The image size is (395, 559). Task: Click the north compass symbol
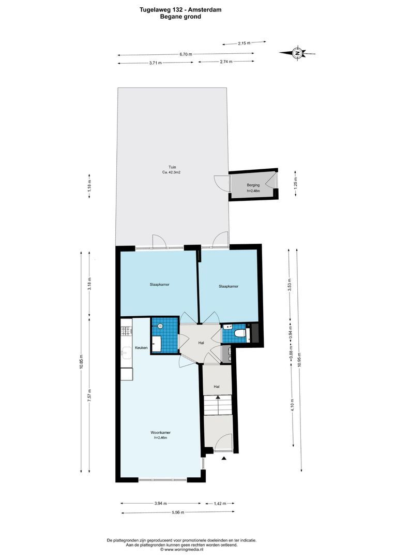pyautogui.click(x=297, y=52)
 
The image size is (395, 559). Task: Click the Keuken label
pyautogui.click(x=142, y=348)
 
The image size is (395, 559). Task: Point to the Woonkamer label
pyautogui.click(x=160, y=432)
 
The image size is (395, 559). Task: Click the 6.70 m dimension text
pyautogui.click(x=186, y=54)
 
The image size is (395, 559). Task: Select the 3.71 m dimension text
pyautogui.click(x=155, y=63)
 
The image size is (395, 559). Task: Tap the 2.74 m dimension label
pyautogui.click(x=226, y=62)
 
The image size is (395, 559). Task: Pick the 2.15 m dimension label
pyautogui.click(x=244, y=43)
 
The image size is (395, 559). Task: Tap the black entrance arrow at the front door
pyautogui.click(x=224, y=459)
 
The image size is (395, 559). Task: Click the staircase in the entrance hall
pyautogui.click(x=218, y=405)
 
